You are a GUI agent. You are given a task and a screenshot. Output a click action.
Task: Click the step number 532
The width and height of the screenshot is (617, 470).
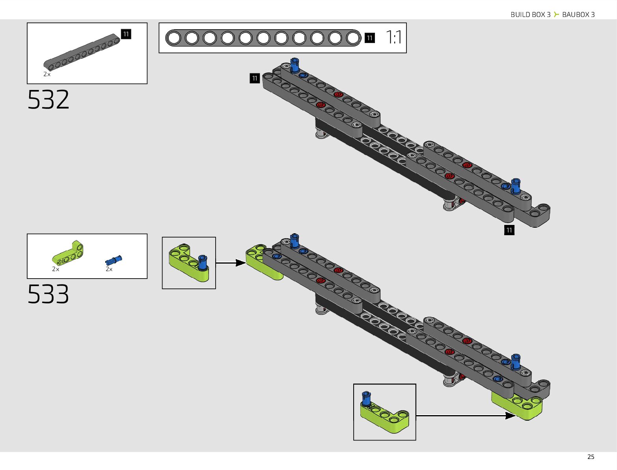click(x=48, y=99)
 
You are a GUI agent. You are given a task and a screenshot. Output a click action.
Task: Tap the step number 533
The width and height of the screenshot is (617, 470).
click(x=48, y=294)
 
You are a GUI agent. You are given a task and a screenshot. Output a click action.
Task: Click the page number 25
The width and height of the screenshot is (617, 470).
click(x=591, y=457)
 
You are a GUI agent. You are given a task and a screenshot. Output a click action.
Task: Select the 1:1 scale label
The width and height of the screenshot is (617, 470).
click(x=394, y=38)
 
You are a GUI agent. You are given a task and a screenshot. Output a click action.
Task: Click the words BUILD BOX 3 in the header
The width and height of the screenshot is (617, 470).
click(x=530, y=15)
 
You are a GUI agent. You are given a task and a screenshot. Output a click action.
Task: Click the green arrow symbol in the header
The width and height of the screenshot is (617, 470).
click(x=556, y=15)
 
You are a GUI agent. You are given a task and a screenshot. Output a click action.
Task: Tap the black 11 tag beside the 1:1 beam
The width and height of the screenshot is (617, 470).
click(x=369, y=38)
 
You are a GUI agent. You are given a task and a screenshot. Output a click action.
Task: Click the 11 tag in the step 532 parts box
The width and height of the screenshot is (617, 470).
click(x=126, y=34)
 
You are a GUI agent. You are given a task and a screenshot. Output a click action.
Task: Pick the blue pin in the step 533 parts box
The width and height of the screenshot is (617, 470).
click(x=114, y=260)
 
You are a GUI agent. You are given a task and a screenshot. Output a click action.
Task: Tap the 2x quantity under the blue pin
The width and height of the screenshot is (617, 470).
click(x=109, y=269)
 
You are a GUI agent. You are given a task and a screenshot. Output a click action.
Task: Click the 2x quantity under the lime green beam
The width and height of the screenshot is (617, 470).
click(x=56, y=269)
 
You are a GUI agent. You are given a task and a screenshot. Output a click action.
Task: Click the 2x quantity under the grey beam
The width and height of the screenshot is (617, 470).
click(x=47, y=74)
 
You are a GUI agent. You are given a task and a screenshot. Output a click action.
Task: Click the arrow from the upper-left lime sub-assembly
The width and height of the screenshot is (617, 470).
click(x=231, y=263)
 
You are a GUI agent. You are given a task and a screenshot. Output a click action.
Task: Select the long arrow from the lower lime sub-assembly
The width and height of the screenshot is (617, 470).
click(x=465, y=416)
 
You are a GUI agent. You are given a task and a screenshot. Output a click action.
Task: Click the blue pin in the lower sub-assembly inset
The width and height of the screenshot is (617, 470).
click(x=366, y=399)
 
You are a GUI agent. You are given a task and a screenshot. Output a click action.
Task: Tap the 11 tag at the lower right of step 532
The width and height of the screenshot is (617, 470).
click(x=509, y=230)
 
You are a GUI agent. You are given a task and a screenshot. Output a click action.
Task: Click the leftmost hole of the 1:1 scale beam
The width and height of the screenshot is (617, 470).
click(x=173, y=38)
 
